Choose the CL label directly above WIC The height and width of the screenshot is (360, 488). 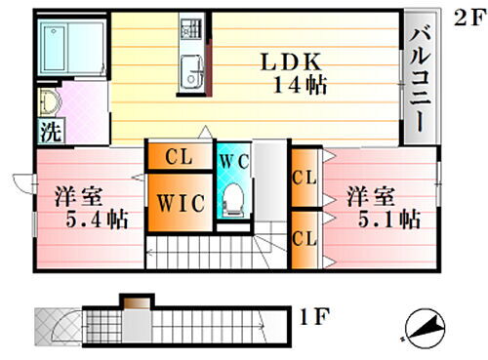178,156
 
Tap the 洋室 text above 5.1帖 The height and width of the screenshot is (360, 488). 370,195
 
